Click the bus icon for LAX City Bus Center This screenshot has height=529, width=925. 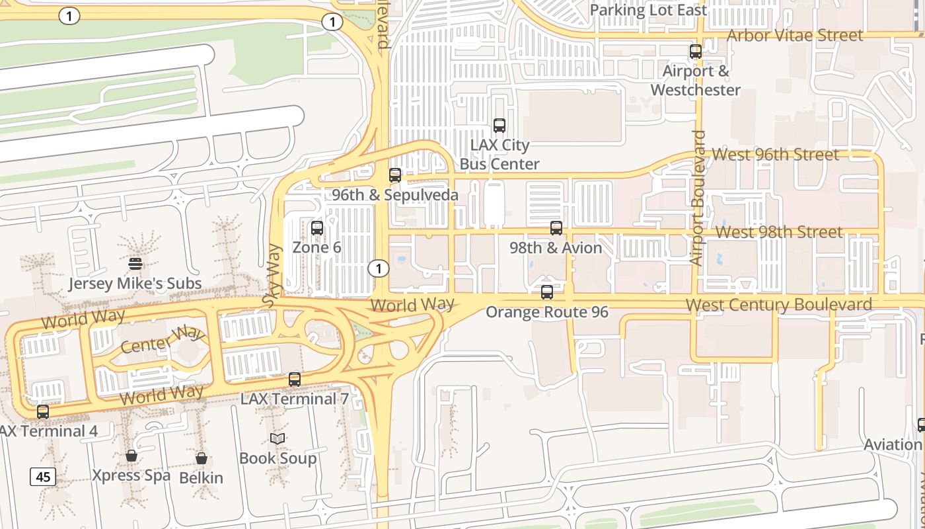coord(499,125)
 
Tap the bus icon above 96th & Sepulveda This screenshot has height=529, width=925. coord(395,175)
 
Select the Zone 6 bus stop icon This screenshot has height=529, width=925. coord(317,228)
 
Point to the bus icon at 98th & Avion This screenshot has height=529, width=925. coord(556,228)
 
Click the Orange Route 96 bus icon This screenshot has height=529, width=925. coord(547,292)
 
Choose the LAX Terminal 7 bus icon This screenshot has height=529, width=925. coord(295,380)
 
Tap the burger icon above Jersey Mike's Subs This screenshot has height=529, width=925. coord(135,264)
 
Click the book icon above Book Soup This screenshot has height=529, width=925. coord(277,438)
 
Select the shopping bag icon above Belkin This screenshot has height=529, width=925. coord(202,458)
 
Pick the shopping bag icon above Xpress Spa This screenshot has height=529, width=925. coord(131,456)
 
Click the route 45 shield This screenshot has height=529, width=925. coord(43,476)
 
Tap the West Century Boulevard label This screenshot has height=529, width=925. coord(779,305)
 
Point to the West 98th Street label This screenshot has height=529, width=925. coord(779,232)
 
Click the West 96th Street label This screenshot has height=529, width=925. coord(775,154)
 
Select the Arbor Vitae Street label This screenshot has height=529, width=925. coord(795,35)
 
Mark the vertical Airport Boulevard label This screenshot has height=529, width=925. coord(698,198)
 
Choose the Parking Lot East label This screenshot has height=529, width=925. coord(648,10)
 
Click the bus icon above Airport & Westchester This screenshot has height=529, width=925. coord(696,52)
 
